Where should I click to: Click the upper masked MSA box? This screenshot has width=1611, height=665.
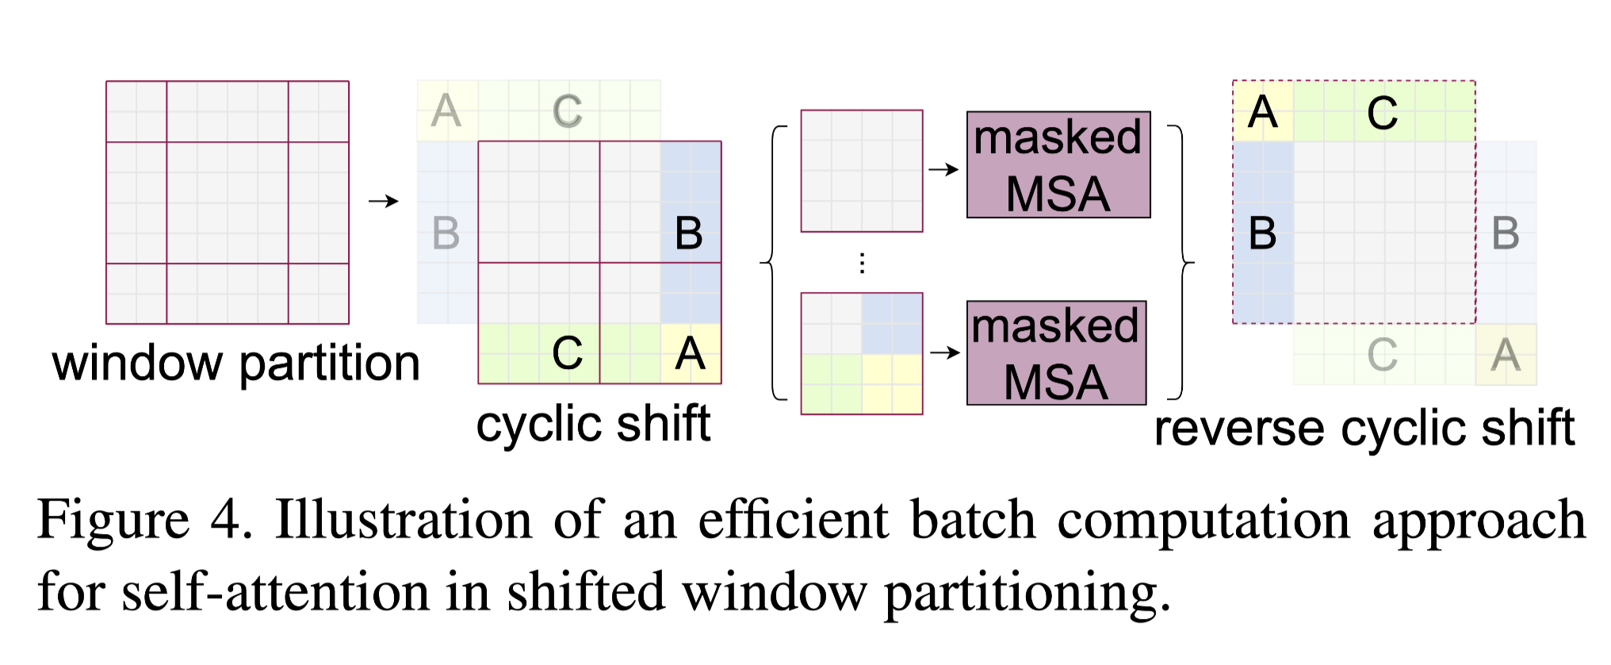tap(1058, 165)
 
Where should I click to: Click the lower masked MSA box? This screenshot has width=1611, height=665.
tap(1056, 353)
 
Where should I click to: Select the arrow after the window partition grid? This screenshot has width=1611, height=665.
tap(383, 202)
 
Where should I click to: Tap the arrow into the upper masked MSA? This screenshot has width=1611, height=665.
tap(943, 170)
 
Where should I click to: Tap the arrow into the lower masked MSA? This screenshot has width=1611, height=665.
tap(944, 352)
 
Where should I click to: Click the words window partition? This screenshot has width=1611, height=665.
tap(235, 363)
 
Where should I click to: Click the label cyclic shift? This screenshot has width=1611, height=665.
tap(592, 424)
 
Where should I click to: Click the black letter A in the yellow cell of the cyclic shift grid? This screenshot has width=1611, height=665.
tap(690, 354)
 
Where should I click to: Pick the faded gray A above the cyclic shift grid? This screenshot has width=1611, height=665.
tap(446, 111)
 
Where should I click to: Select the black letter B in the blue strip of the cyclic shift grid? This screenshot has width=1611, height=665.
tap(688, 233)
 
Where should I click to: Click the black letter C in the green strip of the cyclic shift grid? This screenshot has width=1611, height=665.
tap(567, 354)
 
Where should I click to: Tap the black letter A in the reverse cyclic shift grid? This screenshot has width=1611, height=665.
tap(1262, 112)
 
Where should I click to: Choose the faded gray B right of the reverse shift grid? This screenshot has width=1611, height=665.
tap(1505, 233)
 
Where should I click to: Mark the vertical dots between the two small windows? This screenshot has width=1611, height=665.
tap(862, 263)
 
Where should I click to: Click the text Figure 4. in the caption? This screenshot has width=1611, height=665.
tap(144, 521)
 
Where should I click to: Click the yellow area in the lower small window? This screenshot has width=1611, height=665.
tap(892, 384)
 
